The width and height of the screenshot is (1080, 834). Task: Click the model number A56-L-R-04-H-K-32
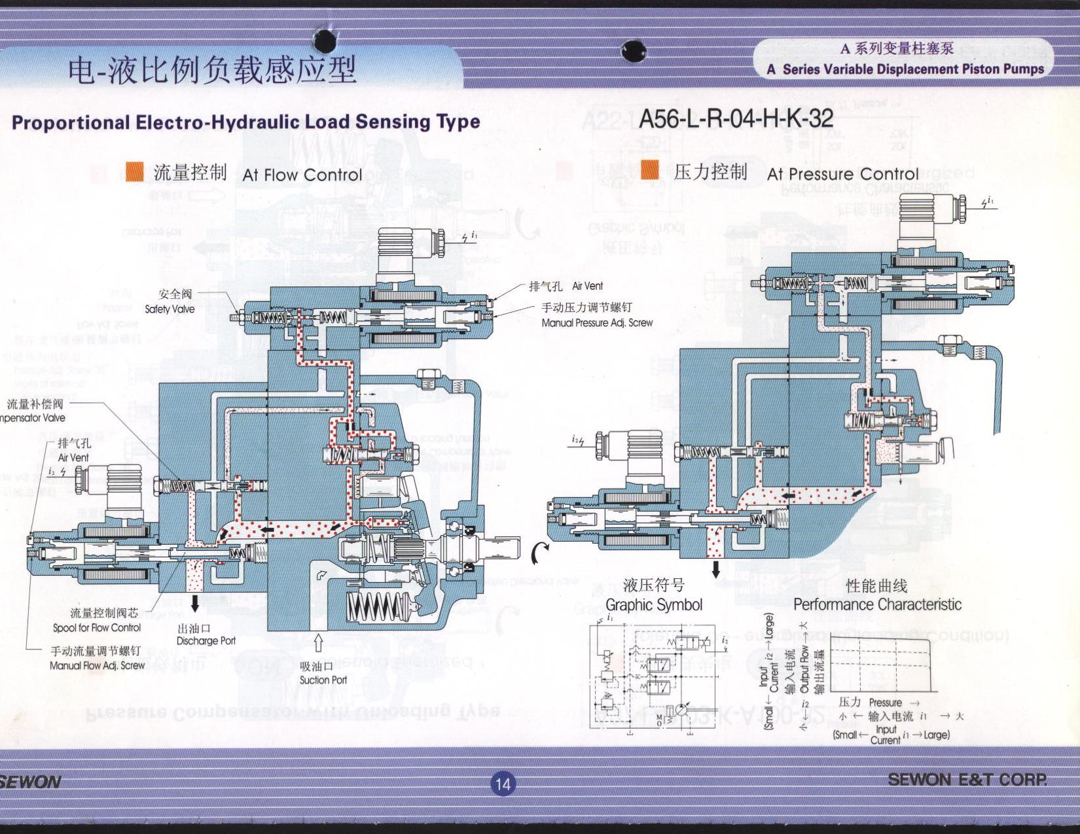pyautogui.click(x=736, y=118)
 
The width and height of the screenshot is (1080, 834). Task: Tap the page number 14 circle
pyautogui.click(x=502, y=784)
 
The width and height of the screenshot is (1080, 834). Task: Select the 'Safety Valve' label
pyautogui.click(x=169, y=309)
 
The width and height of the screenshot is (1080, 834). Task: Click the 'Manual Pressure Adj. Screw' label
pyautogui.click(x=596, y=322)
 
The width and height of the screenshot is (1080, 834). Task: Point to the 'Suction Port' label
pyautogui.click(x=323, y=680)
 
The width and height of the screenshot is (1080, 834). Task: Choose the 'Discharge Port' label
pyautogui.click(x=206, y=641)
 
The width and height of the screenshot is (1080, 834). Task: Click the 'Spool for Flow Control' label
pyautogui.click(x=97, y=628)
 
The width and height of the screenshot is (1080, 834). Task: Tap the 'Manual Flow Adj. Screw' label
pyautogui.click(x=97, y=665)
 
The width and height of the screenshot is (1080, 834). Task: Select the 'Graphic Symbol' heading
pyautogui.click(x=653, y=605)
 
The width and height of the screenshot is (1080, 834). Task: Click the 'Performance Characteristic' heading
pyautogui.click(x=877, y=604)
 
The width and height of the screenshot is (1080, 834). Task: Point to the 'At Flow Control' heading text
pyautogui.click(x=302, y=175)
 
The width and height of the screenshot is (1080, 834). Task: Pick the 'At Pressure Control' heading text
pyautogui.click(x=842, y=174)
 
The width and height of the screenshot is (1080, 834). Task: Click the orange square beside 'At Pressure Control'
pyautogui.click(x=650, y=170)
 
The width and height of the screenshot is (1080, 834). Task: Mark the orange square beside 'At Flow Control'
pyautogui.click(x=134, y=171)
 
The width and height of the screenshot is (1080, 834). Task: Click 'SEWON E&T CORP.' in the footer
pyautogui.click(x=967, y=779)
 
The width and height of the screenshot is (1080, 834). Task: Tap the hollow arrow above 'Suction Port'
pyautogui.click(x=319, y=643)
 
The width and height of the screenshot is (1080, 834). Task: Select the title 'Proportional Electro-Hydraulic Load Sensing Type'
pyautogui.click(x=245, y=122)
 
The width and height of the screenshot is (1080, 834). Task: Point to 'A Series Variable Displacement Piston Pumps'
pyautogui.click(x=906, y=69)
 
